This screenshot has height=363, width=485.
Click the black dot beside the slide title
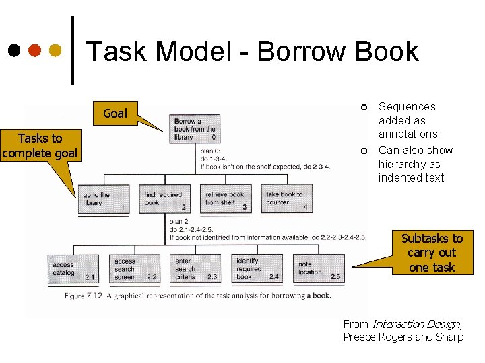point(13,51)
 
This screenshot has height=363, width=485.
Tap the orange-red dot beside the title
point(34,51)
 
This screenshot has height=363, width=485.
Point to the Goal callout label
point(115,114)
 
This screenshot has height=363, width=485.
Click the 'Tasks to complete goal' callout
point(40,146)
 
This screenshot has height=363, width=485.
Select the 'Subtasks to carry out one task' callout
point(432,253)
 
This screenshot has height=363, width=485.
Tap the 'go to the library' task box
point(104,200)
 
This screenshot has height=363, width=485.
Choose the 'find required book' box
point(164,200)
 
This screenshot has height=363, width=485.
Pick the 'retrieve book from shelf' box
point(226,200)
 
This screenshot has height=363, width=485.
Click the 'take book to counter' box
point(286,200)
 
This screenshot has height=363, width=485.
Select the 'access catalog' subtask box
point(73,269)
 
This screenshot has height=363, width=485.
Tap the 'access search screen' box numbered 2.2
point(134,269)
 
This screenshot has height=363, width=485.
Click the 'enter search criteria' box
point(195,269)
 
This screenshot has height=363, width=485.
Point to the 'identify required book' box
point(256,269)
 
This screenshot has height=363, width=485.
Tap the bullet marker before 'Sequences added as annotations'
point(364,108)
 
